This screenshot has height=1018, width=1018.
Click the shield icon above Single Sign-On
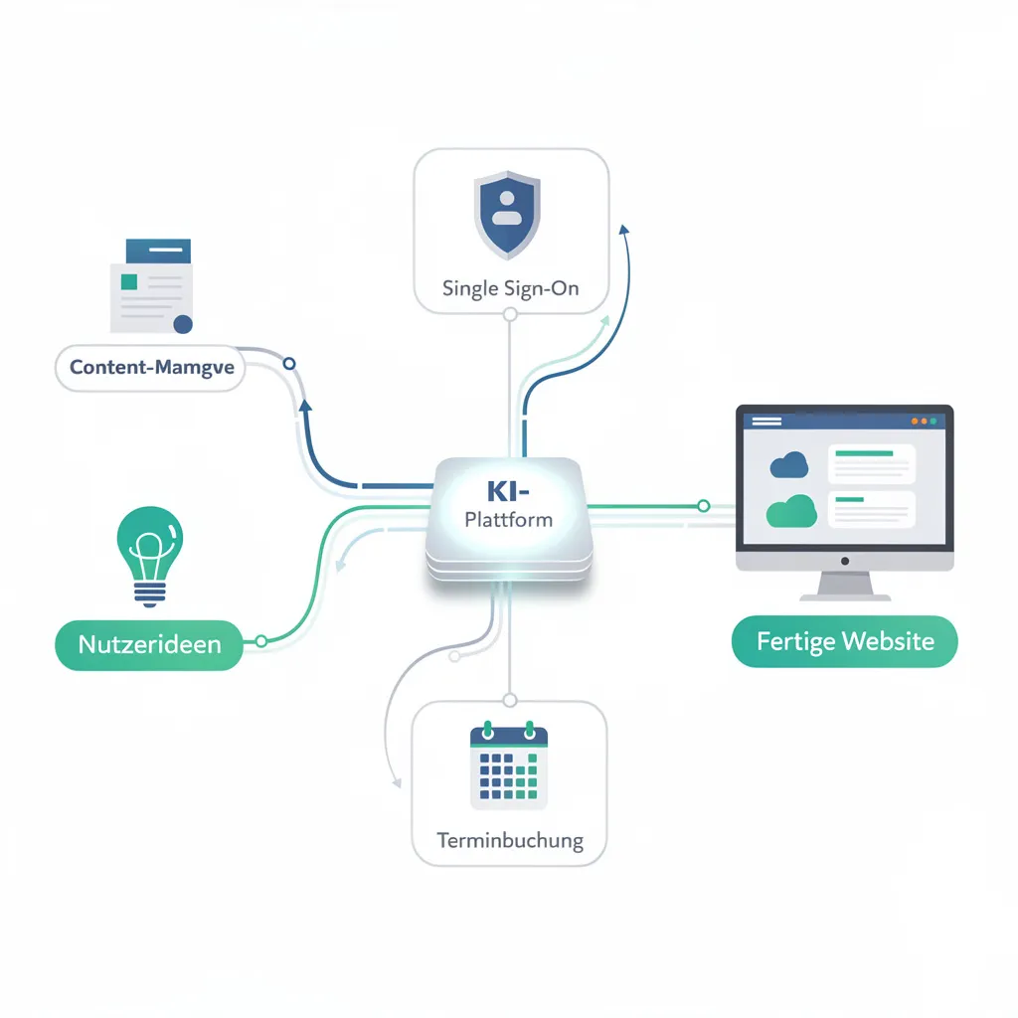coord(507,216)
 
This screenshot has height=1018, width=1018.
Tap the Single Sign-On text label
coord(510,289)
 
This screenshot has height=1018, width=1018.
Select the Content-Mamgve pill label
coord(152,367)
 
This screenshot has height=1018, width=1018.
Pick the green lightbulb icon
coord(149,556)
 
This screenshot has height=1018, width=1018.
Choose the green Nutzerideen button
coord(149,643)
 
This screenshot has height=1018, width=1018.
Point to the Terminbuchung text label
coord(509,840)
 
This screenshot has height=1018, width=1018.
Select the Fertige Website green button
coord(845,640)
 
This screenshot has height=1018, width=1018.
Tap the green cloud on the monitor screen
coord(791,510)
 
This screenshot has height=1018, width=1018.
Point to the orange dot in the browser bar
coord(915,422)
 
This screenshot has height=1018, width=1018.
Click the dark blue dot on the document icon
coord(182,324)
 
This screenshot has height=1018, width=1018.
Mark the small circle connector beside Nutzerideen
coord(261,641)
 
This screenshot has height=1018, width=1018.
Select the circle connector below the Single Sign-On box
coord(510,314)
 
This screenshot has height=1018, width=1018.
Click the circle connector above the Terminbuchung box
coord(509,699)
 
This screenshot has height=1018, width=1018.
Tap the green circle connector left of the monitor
coord(703,506)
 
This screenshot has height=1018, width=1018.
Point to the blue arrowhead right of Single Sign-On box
coord(624,230)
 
